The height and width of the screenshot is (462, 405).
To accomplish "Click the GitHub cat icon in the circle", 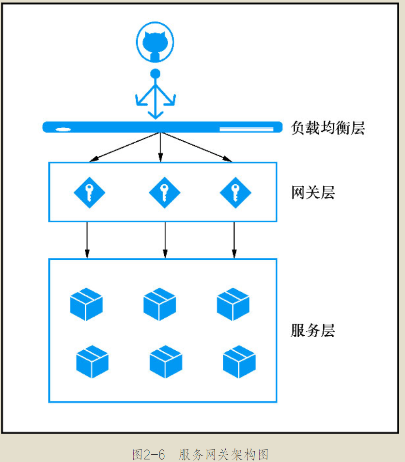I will [x=155, y=44].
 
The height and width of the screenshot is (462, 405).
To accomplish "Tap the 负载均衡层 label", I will [x=327, y=128].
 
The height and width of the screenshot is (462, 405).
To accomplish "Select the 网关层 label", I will [x=313, y=193].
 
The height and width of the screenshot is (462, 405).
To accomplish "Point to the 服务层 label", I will [x=313, y=331].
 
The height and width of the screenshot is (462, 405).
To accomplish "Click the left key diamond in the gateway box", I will [x=89, y=193].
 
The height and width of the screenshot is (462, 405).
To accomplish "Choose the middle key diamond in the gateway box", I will [x=165, y=193].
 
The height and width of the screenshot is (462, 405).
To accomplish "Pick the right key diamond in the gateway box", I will [x=235, y=193].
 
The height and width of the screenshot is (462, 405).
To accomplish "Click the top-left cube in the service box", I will [x=86, y=304].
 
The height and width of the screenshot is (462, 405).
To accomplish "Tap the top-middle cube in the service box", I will [x=159, y=304].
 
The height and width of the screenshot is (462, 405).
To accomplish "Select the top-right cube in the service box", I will [x=233, y=304].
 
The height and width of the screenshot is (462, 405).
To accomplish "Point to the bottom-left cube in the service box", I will [x=92, y=361].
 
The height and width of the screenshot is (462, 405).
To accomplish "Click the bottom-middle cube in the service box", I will [x=166, y=361].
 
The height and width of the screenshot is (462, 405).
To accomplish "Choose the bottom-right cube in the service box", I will [x=239, y=361].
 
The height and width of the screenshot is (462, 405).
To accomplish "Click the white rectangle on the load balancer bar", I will [x=247, y=129].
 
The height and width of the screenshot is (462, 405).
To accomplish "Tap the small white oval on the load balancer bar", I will [x=63, y=129].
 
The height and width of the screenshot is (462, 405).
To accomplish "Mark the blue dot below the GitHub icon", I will [x=155, y=74].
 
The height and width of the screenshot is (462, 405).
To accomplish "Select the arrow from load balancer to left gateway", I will [x=125, y=146].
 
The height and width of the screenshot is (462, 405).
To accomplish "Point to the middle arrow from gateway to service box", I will [x=165, y=239].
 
